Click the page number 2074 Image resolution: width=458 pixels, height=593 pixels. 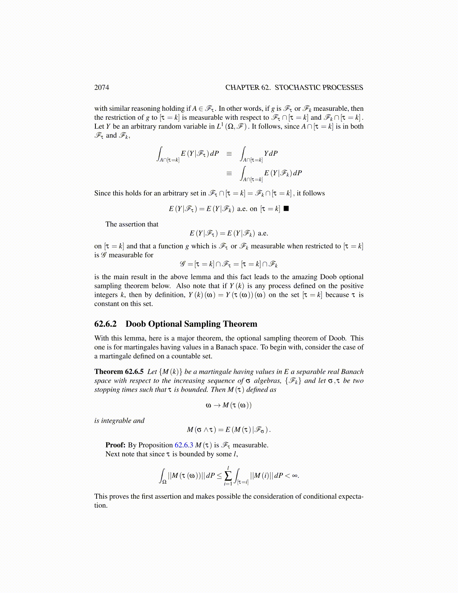point(101,88)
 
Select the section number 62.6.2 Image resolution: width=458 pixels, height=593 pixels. point(106,324)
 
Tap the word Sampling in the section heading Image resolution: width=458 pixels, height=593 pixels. point(203,324)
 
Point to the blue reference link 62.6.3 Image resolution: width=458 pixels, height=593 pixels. point(184,445)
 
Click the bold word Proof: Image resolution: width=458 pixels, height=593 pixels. point(115,445)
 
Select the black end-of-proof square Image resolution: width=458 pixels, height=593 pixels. point(286,209)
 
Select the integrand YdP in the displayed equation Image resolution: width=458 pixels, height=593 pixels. point(271,153)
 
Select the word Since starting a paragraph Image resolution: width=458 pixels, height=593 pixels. point(103,194)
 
